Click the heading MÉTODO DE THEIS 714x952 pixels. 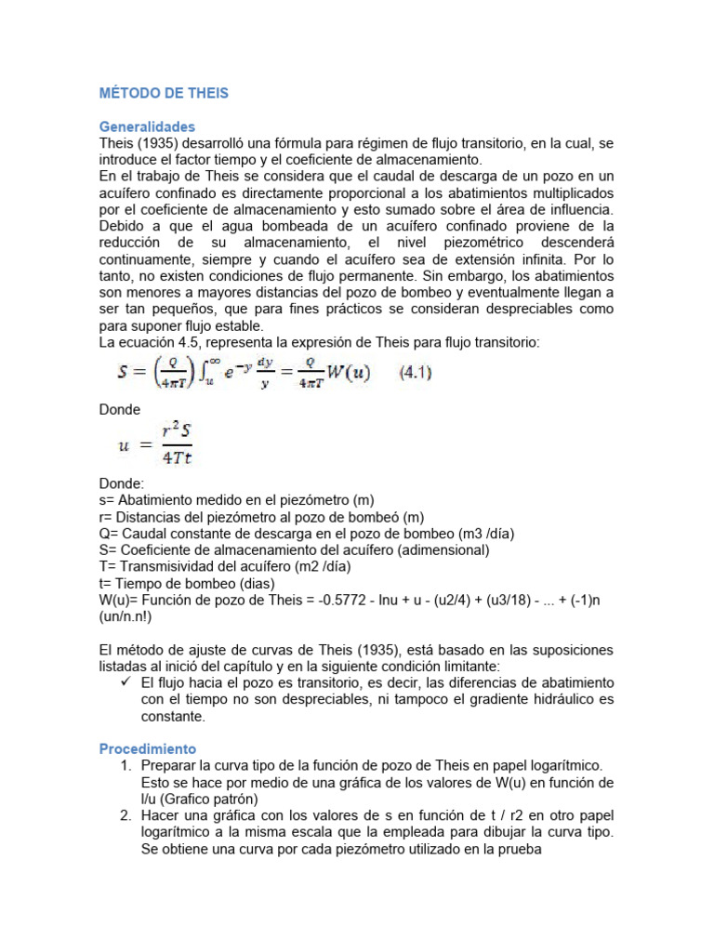[x=164, y=93]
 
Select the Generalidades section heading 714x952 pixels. [x=147, y=126]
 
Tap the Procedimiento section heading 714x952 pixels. [x=147, y=748]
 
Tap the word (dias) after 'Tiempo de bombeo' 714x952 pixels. [x=258, y=583]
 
